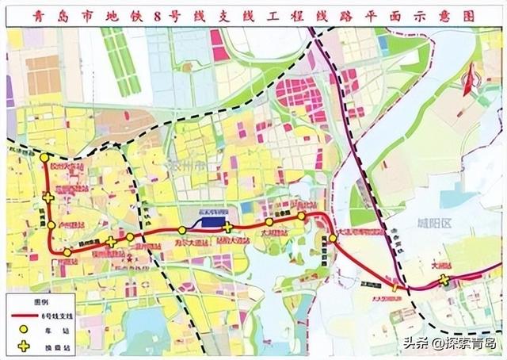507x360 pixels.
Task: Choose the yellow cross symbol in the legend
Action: (x=25, y=346)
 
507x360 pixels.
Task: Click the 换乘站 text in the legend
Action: (x=66, y=346)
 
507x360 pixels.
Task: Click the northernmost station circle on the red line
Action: (x=44, y=159)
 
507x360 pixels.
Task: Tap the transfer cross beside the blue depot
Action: (x=227, y=228)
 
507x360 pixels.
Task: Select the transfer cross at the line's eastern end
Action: (x=444, y=280)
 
